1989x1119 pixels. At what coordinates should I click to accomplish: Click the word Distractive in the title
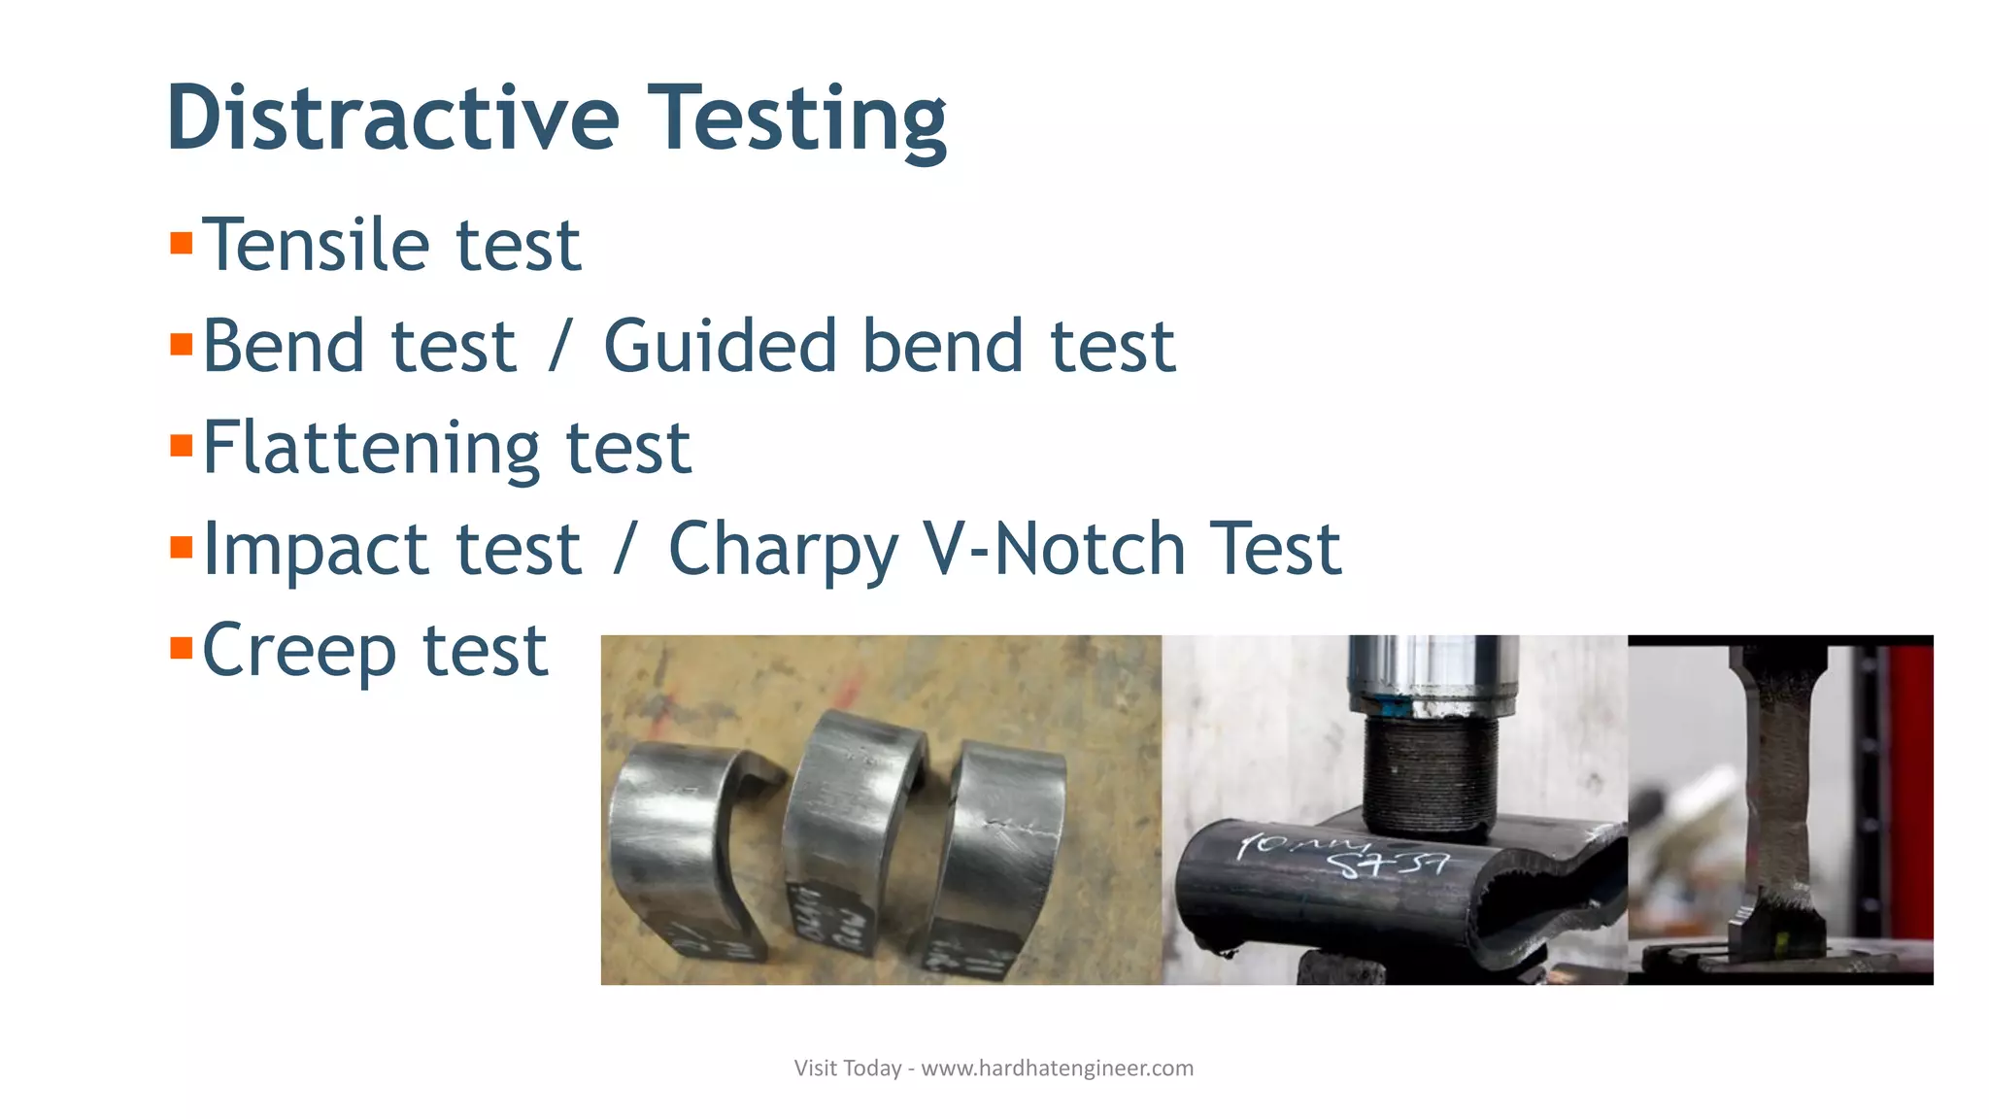click(392, 119)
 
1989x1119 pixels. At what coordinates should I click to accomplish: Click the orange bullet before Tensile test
click(181, 242)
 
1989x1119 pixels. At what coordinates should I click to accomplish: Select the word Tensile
click(316, 244)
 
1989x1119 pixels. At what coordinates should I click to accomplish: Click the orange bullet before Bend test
click(181, 344)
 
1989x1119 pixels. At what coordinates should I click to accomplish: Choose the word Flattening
click(370, 448)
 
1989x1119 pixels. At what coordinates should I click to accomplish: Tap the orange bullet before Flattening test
click(181, 446)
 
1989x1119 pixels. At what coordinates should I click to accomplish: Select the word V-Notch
click(1054, 549)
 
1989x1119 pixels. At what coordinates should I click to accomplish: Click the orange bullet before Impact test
click(181, 547)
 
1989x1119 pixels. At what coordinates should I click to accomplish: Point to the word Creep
click(298, 651)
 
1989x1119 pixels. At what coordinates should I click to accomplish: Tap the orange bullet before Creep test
click(181, 648)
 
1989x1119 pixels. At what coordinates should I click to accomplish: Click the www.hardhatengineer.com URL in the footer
click(1057, 1068)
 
